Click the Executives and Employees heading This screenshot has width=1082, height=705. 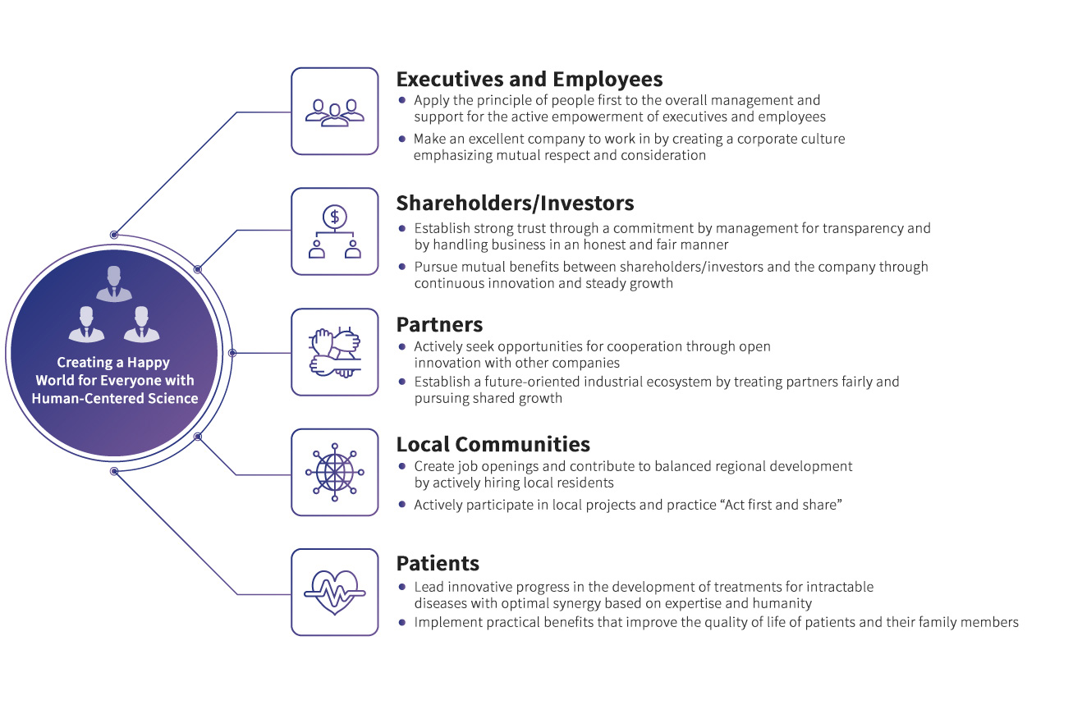pos(530,79)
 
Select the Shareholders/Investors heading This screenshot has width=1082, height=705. pos(515,202)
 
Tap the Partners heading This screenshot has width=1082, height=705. pos(439,324)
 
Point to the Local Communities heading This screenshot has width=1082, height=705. pos(493,444)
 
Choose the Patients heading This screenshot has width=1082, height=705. pos(438,564)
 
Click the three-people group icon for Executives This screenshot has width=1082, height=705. pos(334,112)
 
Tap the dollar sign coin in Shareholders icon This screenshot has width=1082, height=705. pos(334,217)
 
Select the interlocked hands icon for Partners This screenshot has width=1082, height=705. pos(334,353)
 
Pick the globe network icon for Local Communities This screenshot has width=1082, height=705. pos(334,472)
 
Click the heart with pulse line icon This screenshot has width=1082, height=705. pos(334,592)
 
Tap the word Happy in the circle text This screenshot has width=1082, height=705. pos(149,362)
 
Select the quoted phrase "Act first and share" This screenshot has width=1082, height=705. pos(781,505)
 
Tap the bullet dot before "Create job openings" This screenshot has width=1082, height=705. pos(401,465)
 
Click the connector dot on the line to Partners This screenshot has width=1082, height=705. pos(232,353)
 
